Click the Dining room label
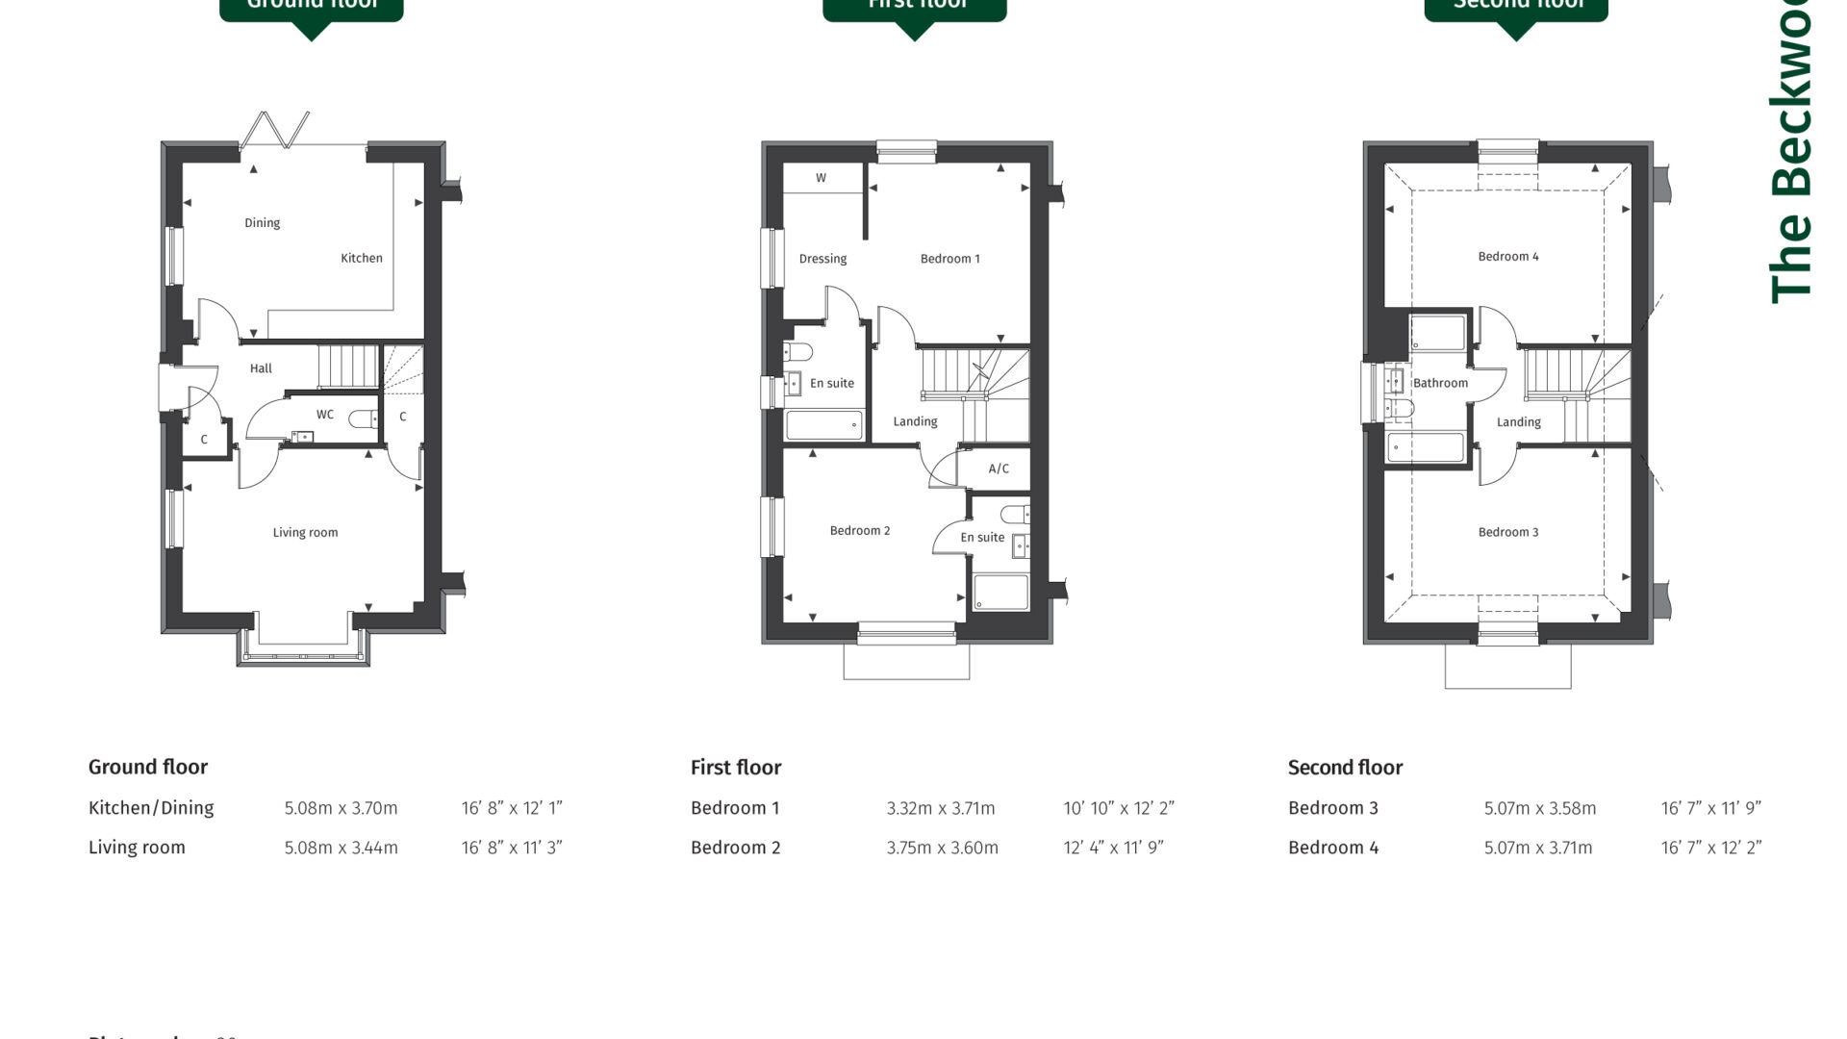pyautogui.click(x=262, y=223)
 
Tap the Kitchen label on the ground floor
pyautogui.click(x=362, y=258)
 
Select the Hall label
pyautogui.click(x=261, y=368)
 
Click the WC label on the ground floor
pyautogui.click(x=325, y=415)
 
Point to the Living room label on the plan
pyautogui.click(x=305, y=533)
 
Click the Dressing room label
pyautogui.click(x=822, y=259)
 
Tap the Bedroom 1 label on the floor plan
pyautogui.click(x=949, y=259)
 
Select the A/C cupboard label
pyautogui.click(x=999, y=469)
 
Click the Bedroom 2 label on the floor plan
pyautogui.click(x=859, y=531)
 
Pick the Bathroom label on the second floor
pyautogui.click(x=1440, y=383)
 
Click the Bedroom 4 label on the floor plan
pyautogui.click(x=1507, y=257)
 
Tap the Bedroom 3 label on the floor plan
pyautogui.click(x=1507, y=532)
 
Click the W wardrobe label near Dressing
pyautogui.click(x=821, y=178)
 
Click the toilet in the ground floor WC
pyautogui.click(x=363, y=418)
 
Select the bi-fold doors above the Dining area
pyautogui.click(x=276, y=131)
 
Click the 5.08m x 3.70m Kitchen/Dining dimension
pyautogui.click(x=341, y=808)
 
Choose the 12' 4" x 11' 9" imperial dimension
pyautogui.click(x=1113, y=848)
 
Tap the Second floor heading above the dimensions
pyautogui.click(x=1345, y=767)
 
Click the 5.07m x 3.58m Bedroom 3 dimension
pyautogui.click(x=1539, y=808)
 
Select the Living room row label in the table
pyautogui.click(x=137, y=848)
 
